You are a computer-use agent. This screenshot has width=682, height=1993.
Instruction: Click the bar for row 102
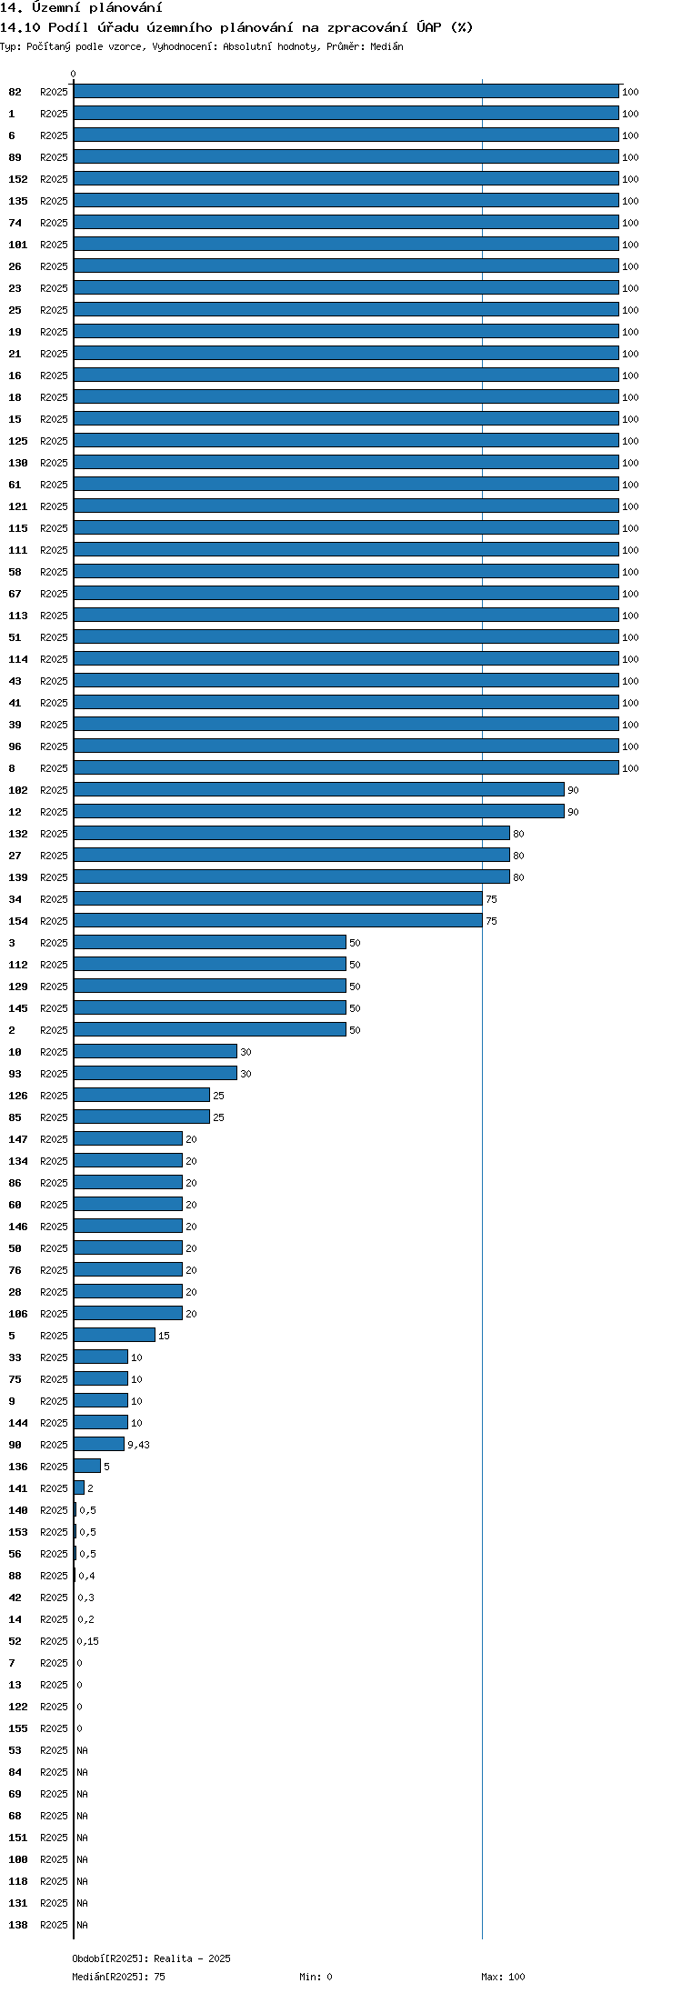click(319, 789)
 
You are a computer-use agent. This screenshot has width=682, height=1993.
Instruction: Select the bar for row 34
click(278, 898)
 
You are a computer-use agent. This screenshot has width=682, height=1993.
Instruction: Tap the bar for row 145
click(210, 1007)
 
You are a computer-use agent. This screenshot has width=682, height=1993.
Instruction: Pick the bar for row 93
click(155, 1073)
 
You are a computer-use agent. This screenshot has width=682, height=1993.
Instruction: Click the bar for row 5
click(115, 1335)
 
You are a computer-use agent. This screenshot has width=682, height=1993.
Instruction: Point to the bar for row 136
click(87, 1466)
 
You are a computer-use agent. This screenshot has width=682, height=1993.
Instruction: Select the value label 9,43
click(138, 1445)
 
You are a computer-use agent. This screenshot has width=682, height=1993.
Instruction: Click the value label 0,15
click(88, 1641)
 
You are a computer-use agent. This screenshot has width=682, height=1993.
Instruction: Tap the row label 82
click(15, 92)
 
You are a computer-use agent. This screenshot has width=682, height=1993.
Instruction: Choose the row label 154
click(18, 921)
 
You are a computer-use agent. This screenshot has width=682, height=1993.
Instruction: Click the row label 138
click(18, 1925)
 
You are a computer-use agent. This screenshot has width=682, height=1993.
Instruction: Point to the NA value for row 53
click(82, 1750)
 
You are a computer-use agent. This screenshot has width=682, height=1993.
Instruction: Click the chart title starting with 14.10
click(236, 27)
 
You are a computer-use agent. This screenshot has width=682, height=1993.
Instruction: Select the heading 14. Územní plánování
click(82, 7)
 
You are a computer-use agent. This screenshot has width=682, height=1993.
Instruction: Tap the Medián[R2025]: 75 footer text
click(119, 1977)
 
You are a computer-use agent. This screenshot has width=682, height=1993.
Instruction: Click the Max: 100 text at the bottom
click(503, 1977)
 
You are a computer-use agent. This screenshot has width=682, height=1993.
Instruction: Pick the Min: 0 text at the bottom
click(316, 1977)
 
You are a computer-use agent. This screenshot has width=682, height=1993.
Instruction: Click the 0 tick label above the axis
click(74, 75)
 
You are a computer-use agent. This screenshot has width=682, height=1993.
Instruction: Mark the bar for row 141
click(79, 1487)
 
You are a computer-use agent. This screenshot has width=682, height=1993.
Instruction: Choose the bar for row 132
click(292, 833)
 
